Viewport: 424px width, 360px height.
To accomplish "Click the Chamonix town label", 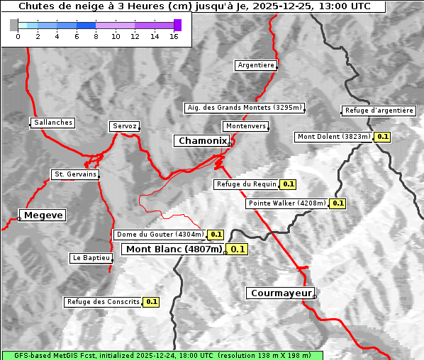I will pos(202,141).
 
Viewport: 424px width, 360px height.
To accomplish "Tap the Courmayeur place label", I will pos(280,293).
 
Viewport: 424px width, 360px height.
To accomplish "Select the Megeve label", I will pos(43,215).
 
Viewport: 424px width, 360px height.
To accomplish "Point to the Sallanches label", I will pos(53,123).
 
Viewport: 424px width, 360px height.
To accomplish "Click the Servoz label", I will pos(125,126).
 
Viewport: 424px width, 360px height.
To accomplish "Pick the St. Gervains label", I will pos(75,174).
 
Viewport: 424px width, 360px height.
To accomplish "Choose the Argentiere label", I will pos(256,65).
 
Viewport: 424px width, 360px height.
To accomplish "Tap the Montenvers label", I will pos(246,126).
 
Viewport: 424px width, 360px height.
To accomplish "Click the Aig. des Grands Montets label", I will pos(244,108).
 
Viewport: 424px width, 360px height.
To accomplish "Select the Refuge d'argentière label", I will pos(379,111).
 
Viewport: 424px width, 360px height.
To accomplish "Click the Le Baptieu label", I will pos(91,259).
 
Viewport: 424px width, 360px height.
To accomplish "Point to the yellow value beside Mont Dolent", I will pos(383,137).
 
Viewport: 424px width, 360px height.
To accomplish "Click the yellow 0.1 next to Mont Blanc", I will pos(238,249).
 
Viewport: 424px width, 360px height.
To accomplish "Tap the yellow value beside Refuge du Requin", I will pos(288,184).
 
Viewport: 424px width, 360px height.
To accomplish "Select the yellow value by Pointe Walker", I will pos(337,203).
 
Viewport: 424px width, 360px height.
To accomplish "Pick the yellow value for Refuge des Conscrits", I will pos(151,302).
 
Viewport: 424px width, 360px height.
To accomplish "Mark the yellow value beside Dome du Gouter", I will pos(216,235).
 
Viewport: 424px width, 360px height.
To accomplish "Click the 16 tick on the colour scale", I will pos(174,36).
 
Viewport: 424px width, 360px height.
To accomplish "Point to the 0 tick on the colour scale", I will pos(18,36).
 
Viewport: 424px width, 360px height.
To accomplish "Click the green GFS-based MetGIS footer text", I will pos(162,355).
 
